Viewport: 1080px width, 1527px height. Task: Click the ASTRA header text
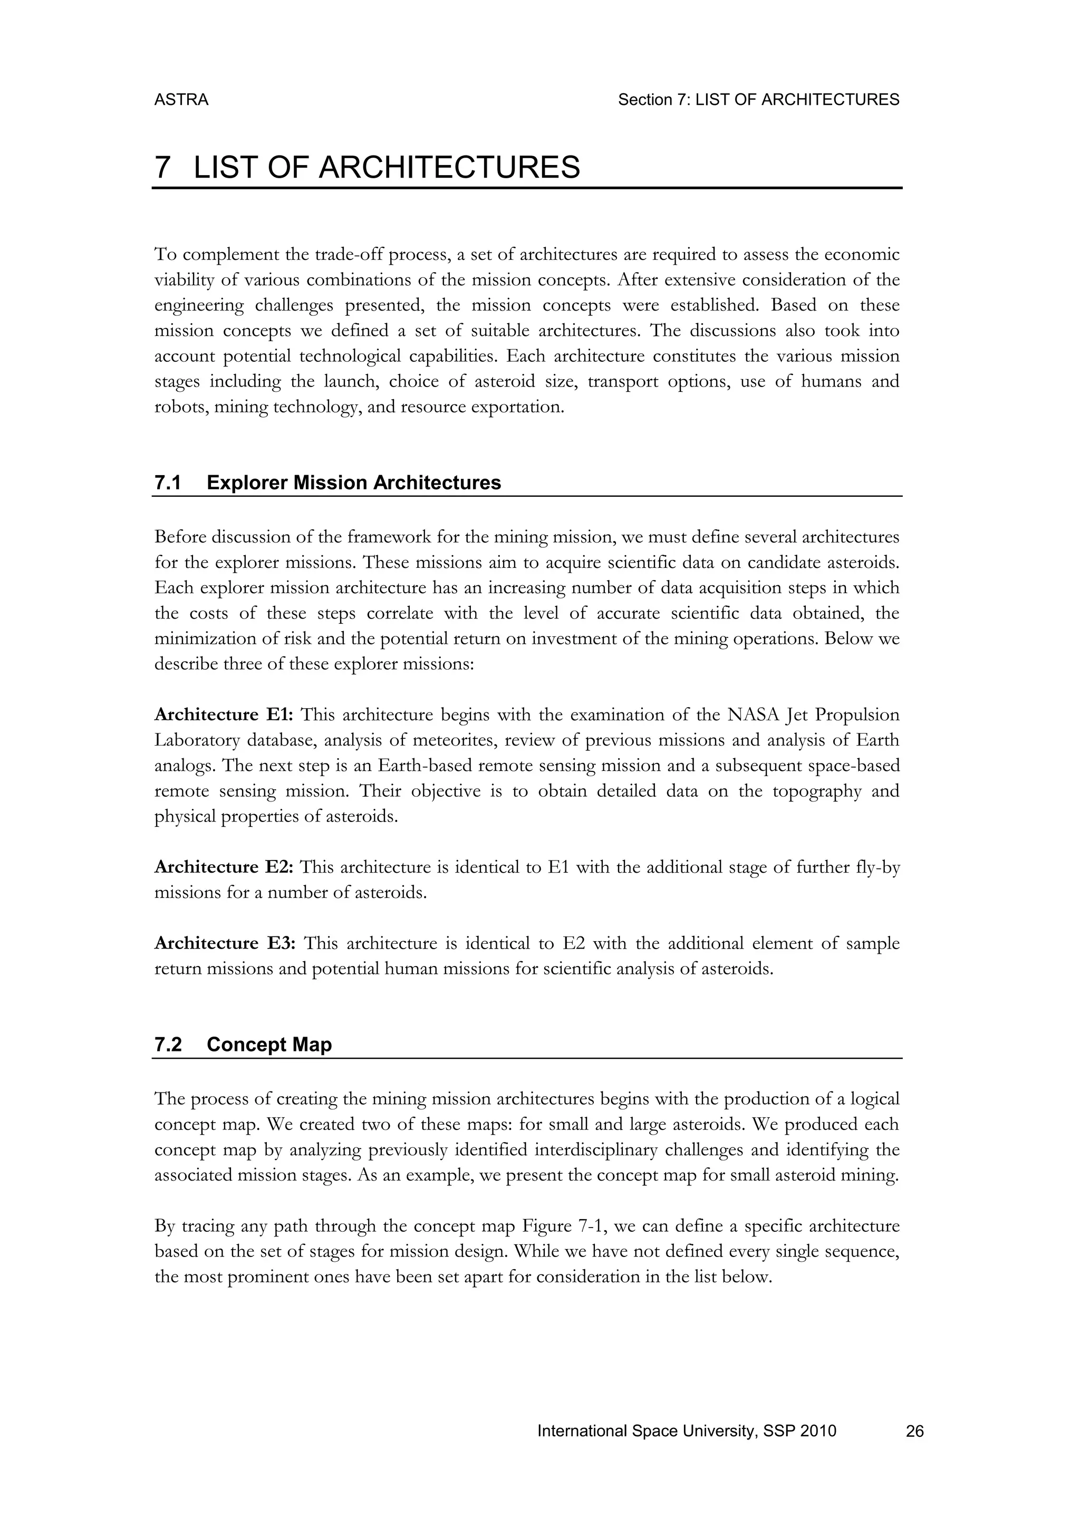point(181,100)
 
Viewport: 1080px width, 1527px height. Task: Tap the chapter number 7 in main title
point(161,167)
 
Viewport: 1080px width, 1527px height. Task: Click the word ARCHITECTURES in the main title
point(449,167)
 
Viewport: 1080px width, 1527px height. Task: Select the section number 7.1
point(168,483)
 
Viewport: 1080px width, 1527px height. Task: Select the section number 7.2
point(168,1045)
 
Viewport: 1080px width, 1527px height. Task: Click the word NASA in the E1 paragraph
point(754,715)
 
